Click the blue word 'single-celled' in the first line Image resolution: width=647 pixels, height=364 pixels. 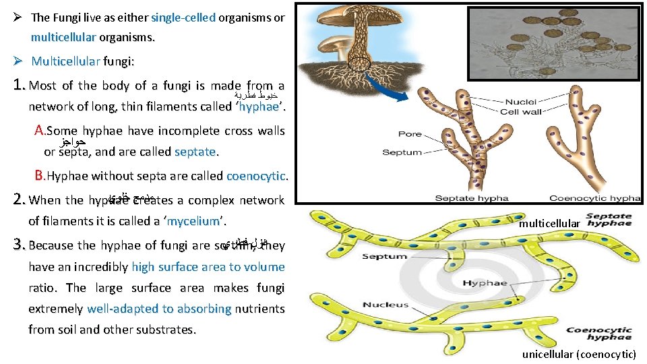point(184,18)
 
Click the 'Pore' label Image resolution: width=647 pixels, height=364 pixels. point(410,134)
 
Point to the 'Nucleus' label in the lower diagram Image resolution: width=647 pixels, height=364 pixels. point(386,305)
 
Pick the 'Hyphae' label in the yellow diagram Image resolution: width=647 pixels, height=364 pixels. point(485,283)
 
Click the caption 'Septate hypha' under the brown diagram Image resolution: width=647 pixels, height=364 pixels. point(471,198)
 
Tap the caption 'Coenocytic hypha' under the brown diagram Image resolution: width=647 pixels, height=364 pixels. point(595,198)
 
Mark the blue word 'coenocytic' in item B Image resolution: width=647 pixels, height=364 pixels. point(256,176)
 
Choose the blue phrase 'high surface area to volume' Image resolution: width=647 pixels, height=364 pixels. point(208,267)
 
